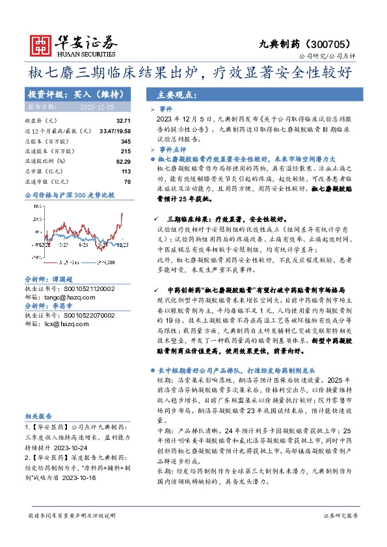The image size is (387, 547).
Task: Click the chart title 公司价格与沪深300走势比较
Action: [x=69, y=194]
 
